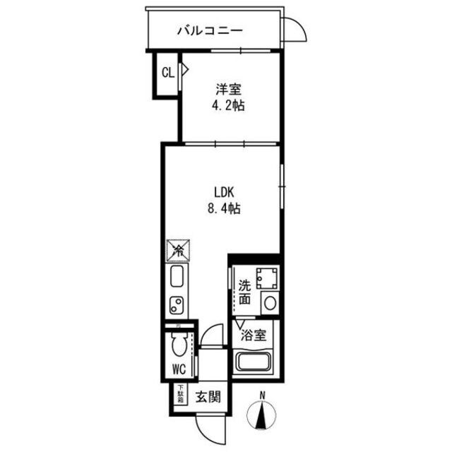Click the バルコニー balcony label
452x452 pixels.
coord(210,30)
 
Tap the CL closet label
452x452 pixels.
coord(167,71)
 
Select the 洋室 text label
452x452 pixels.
coord(229,90)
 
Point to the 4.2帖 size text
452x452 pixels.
coord(229,107)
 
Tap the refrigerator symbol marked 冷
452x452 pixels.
coord(178,250)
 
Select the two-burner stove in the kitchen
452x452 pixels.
coord(177,306)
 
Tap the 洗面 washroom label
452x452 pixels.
coord(244,292)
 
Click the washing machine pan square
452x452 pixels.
coord(267,278)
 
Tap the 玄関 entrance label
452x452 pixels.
coord(207,395)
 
